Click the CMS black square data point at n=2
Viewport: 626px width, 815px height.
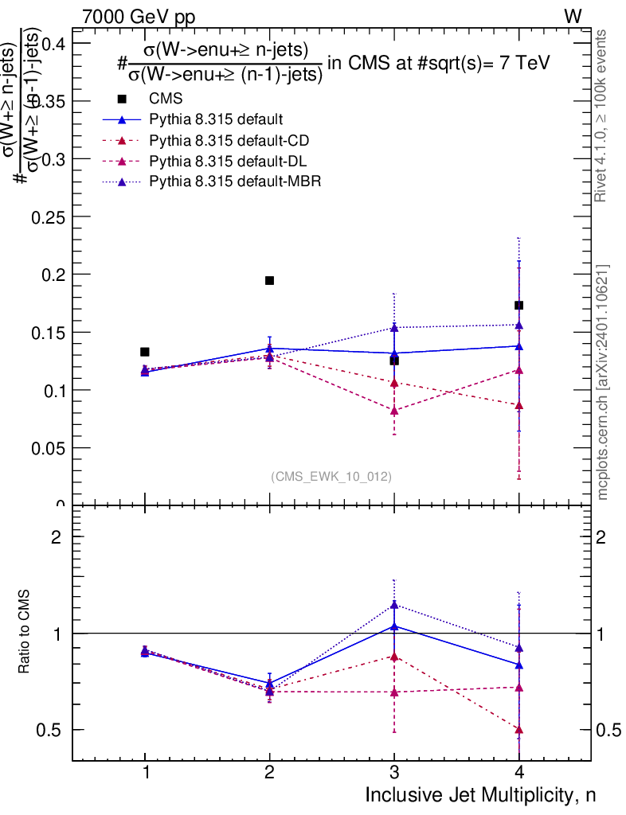tap(269, 280)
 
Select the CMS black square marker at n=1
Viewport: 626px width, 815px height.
tap(145, 352)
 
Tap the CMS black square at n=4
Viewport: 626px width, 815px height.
tap(518, 305)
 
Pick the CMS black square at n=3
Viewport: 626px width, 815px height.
tap(394, 361)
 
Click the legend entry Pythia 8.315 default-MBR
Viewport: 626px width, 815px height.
tap(235, 182)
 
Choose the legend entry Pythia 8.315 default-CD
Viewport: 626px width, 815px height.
tap(229, 141)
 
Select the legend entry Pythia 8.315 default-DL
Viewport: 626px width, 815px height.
tap(229, 162)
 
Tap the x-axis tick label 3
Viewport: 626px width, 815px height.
tap(394, 774)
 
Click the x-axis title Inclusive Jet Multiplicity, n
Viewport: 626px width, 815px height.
tap(480, 795)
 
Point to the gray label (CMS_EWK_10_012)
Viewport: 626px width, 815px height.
tap(331, 476)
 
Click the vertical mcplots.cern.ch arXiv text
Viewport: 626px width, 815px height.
tap(603, 382)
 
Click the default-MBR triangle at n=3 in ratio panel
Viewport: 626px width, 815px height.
tap(394, 605)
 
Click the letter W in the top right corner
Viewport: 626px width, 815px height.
tap(573, 16)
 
